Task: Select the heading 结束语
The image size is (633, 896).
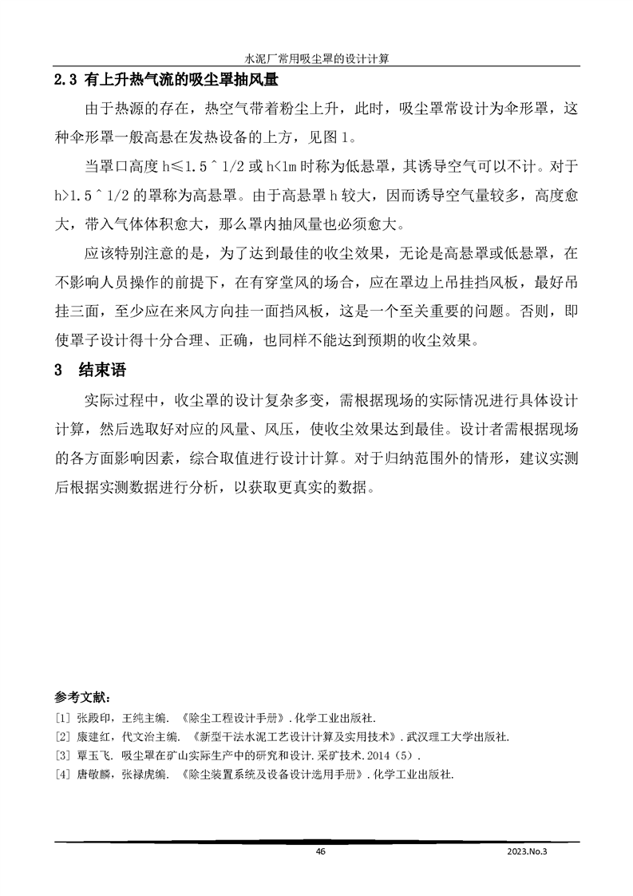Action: [x=101, y=371]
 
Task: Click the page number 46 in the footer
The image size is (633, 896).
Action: [x=321, y=852]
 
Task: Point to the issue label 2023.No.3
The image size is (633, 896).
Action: [x=530, y=852]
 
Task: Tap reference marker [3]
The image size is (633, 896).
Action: [x=62, y=755]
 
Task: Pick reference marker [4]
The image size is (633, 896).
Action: [x=62, y=774]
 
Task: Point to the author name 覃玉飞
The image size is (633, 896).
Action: [x=93, y=755]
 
